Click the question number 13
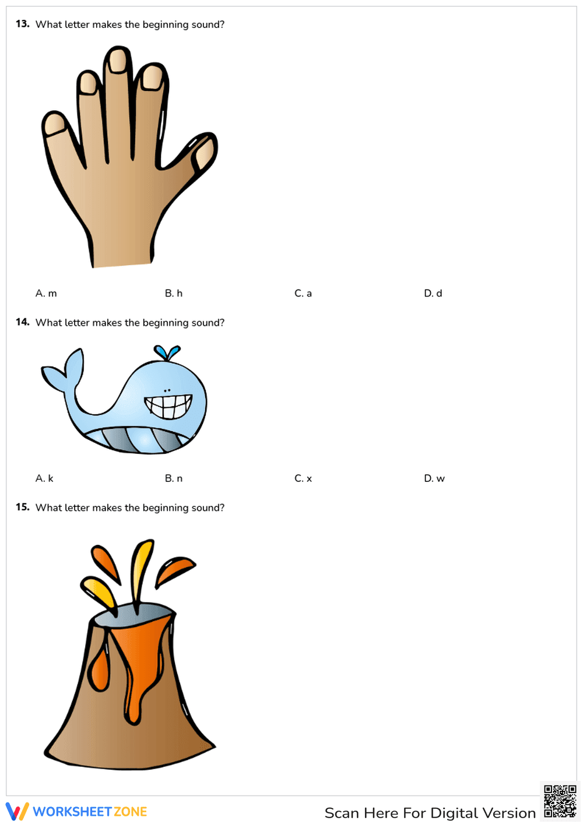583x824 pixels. (22, 24)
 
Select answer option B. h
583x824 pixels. (174, 293)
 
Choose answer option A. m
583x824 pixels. (46, 293)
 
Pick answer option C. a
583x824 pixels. (303, 293)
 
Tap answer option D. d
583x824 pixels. (433, 293)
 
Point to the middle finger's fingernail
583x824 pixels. (118, 61)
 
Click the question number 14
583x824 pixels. (22, 322)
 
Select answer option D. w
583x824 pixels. (434, 478)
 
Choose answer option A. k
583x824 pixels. (44, 478)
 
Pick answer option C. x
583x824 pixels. (303, 478)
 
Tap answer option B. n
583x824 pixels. (174, 478)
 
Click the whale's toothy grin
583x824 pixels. (168, 406)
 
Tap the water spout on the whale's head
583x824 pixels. (167, 353)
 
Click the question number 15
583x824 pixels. (22, 507)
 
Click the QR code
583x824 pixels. (560, 802)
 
